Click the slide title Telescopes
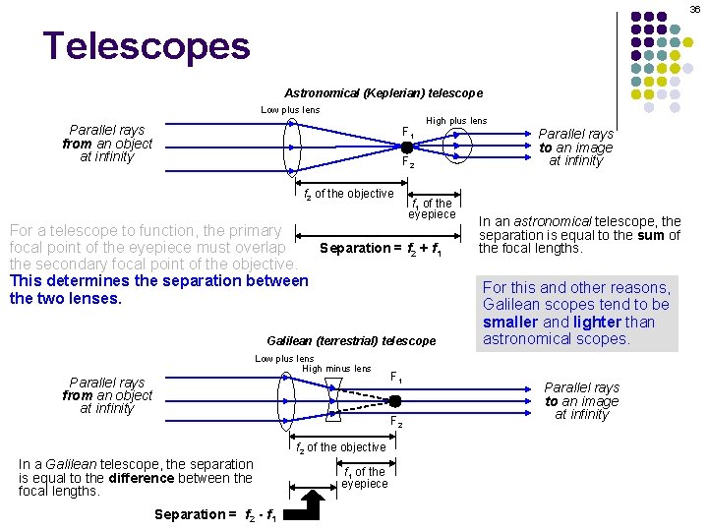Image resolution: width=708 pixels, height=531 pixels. click(147, 46)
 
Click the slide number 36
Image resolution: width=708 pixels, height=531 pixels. click(694, 8)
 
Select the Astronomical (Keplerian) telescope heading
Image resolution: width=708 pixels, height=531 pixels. click(383, 92)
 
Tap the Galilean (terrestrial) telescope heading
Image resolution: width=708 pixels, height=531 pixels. click(351, 340)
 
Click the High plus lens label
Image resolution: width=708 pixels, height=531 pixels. click(455, 121)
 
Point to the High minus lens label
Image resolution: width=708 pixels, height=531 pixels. click(336, 369)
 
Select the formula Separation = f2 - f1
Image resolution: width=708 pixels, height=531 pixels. click(215, 514)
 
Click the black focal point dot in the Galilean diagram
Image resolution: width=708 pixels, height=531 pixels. click(394, 400)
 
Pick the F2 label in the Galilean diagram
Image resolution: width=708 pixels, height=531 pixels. click(396, 422)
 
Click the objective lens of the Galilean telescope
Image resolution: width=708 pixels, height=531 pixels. click(286, 399)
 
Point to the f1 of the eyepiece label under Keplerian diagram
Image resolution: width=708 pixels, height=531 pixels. click(433, 208)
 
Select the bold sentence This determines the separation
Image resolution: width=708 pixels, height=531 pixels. click(157, 289)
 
